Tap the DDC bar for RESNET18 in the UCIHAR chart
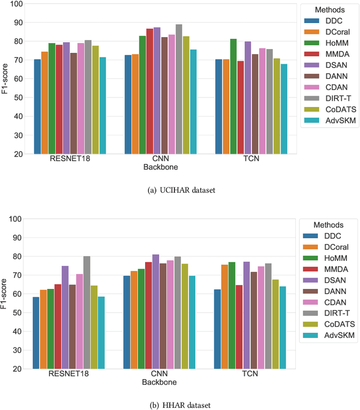(x=37, y=106)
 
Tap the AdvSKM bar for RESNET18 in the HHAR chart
(x=101, y=332)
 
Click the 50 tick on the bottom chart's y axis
(x=17, y=313)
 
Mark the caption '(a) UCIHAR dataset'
(x=180, y=190)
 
